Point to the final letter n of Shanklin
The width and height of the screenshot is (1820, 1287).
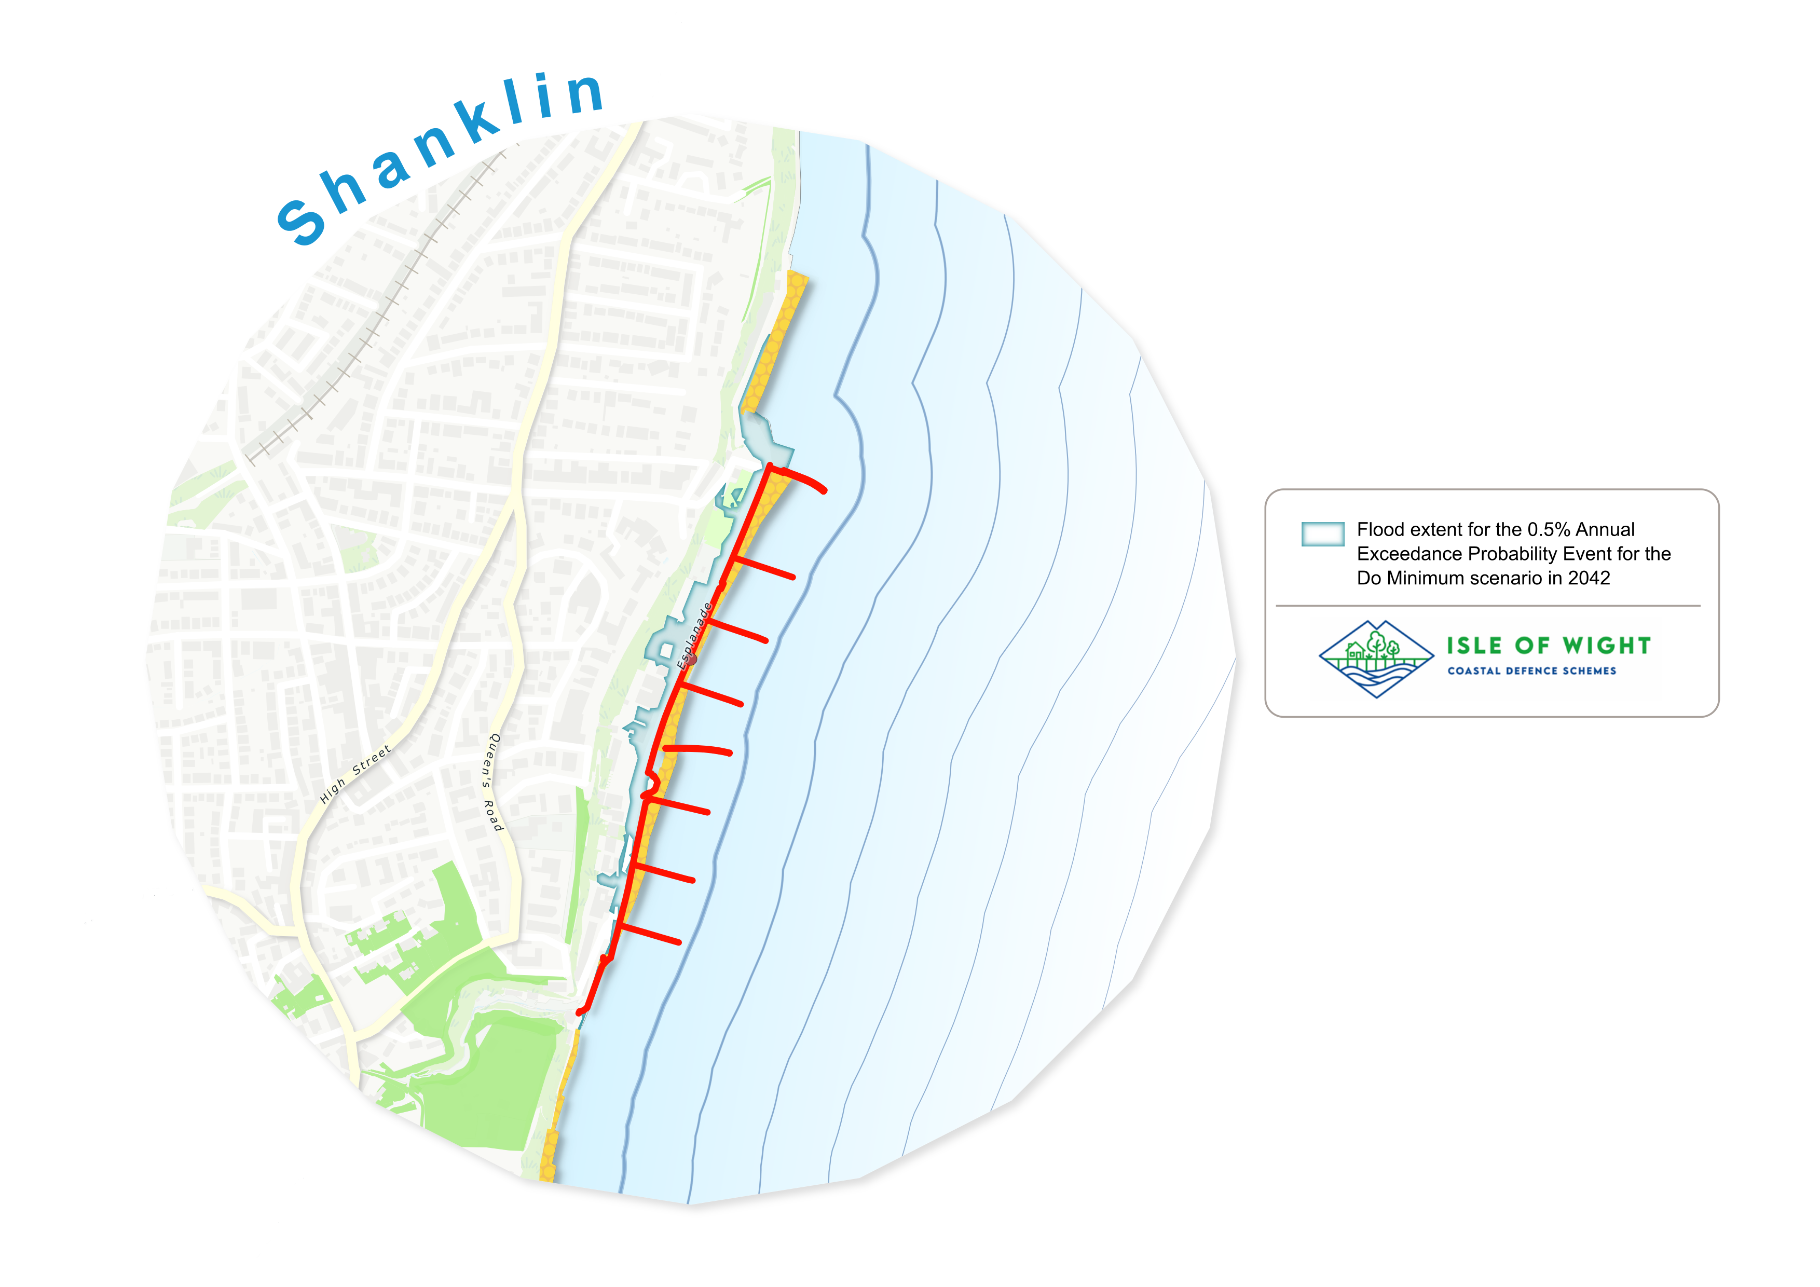point(585,93)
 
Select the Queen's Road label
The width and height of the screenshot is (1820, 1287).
point(493,782)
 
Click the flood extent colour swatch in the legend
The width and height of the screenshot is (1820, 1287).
point(1322,534)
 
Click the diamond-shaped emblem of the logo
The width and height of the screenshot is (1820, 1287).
point(1376,659)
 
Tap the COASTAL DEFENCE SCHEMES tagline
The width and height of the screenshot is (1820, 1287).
point(1531,671)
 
